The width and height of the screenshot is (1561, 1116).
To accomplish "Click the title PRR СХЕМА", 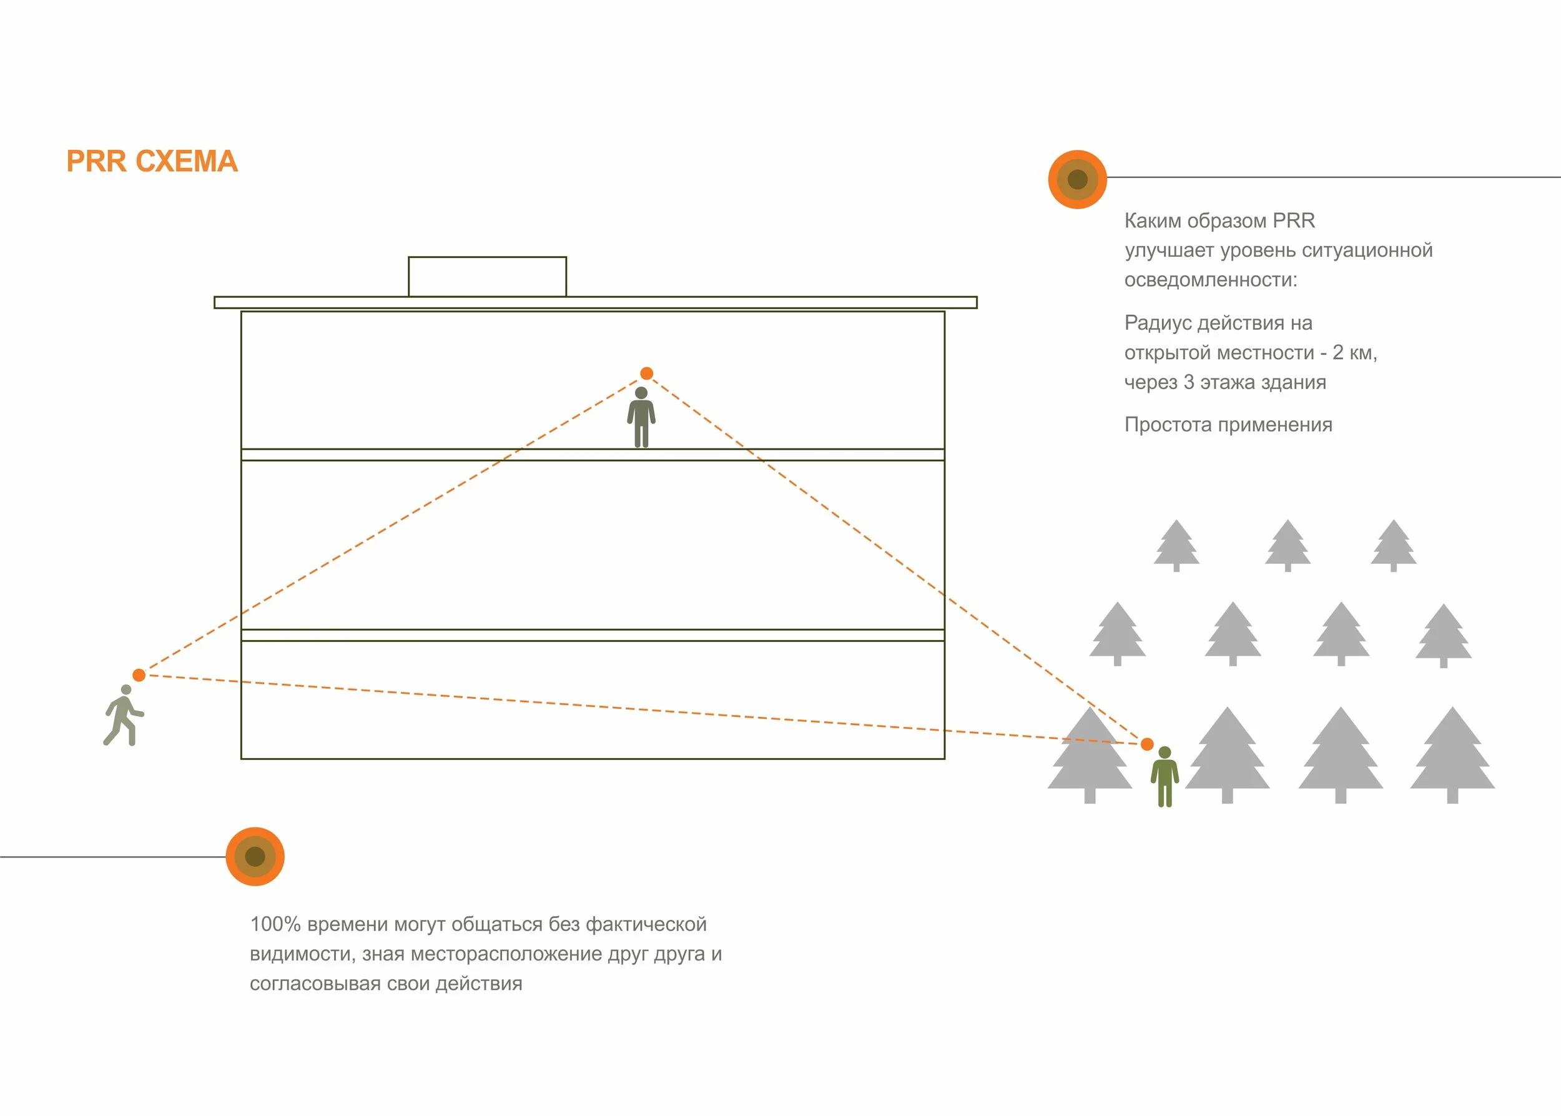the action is click(152, 162).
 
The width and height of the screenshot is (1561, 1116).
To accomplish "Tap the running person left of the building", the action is click(124, 716).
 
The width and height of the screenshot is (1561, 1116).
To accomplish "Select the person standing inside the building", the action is click(641, 417).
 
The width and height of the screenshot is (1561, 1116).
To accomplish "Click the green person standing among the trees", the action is click(1165, 776).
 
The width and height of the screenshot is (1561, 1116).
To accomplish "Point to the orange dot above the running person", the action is click(139, 675).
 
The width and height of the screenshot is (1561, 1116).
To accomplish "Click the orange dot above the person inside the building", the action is click(646, 373).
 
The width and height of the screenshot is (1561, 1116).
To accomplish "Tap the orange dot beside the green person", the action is click(1146, 744).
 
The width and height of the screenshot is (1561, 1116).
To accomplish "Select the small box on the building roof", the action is click(487, 276).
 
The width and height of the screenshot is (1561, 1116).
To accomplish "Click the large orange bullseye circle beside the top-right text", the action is click(1077, 179).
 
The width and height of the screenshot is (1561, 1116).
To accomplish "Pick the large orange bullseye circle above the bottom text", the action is click(255, 856).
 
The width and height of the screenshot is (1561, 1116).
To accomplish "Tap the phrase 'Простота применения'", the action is click(1228, 425).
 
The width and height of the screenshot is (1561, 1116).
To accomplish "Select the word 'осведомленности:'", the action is click(1211, 280).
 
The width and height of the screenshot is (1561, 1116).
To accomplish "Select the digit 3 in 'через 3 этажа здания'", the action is click(1189, 382).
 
